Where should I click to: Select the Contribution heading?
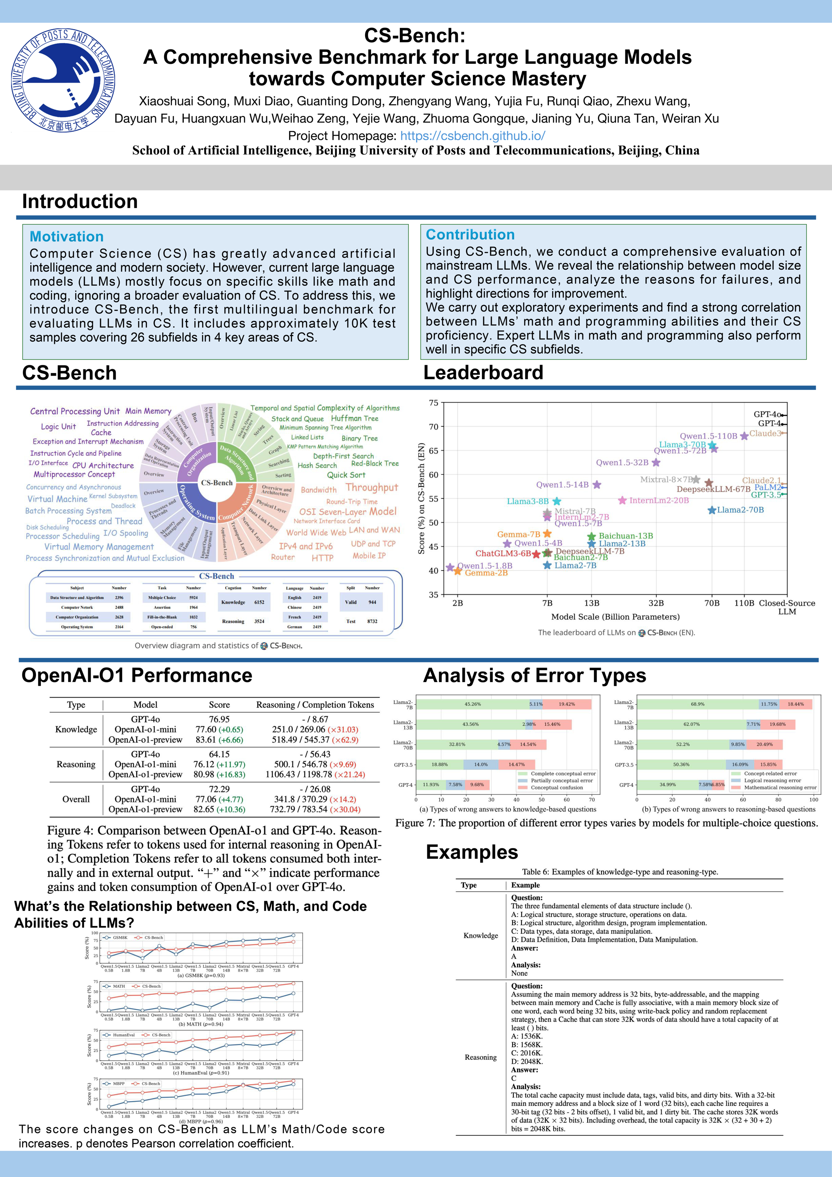click(470, 234)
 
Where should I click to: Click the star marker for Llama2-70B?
click(712, 510)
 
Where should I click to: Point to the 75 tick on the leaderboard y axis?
click(433, 403)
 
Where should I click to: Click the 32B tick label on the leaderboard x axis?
click(656, 603)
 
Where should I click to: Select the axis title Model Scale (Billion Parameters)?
click(615, 617)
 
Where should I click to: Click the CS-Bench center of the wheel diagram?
click(217, 483)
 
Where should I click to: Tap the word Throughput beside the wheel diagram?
click(371, 488)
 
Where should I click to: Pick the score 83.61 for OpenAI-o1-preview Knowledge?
click(219, 740)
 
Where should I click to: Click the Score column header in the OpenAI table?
click(219, 705)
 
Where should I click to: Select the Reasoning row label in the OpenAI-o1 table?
click(76, 764)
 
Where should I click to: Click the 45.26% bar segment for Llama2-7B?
click(472, 704)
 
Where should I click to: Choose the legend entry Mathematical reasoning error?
click(780, 788)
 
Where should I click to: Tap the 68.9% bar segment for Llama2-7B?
click(697, 704)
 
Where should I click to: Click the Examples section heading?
click(472, 852)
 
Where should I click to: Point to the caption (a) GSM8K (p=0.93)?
click(201, 975)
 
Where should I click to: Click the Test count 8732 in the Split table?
click(372, 621)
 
